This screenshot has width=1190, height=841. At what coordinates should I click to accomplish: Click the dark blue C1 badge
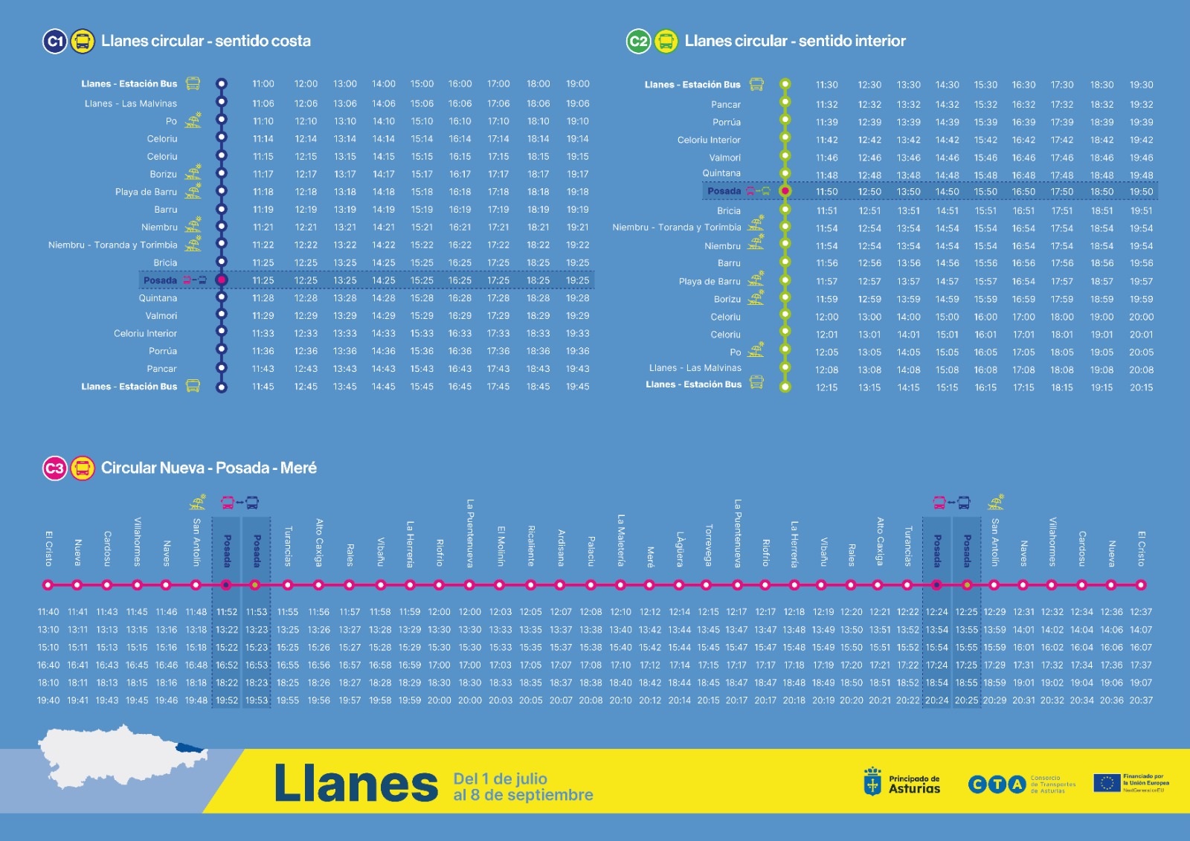55,42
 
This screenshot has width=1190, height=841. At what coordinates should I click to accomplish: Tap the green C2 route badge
638,42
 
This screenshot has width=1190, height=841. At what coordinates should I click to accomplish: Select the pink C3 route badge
55,468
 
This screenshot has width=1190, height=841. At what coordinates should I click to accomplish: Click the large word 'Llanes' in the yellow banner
356,784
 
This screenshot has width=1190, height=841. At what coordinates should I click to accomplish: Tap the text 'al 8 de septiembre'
523,795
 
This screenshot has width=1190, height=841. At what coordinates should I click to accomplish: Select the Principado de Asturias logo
901,783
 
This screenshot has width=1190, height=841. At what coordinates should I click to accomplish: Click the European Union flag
1107,783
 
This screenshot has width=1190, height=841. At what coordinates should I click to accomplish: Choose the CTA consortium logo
997,784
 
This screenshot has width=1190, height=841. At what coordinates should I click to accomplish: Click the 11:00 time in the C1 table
263,84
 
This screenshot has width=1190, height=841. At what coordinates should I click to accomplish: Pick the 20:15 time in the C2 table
1141,387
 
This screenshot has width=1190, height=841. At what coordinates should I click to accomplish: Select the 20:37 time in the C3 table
1141,700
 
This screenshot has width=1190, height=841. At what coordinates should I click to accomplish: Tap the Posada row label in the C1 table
160,280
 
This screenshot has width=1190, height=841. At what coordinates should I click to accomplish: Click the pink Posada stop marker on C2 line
785,191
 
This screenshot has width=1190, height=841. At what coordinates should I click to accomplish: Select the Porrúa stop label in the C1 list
163,351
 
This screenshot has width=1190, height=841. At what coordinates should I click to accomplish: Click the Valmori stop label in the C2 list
724,158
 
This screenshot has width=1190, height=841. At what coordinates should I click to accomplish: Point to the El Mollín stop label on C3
501,547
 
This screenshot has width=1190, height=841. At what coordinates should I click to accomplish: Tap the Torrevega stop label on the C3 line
708,545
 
